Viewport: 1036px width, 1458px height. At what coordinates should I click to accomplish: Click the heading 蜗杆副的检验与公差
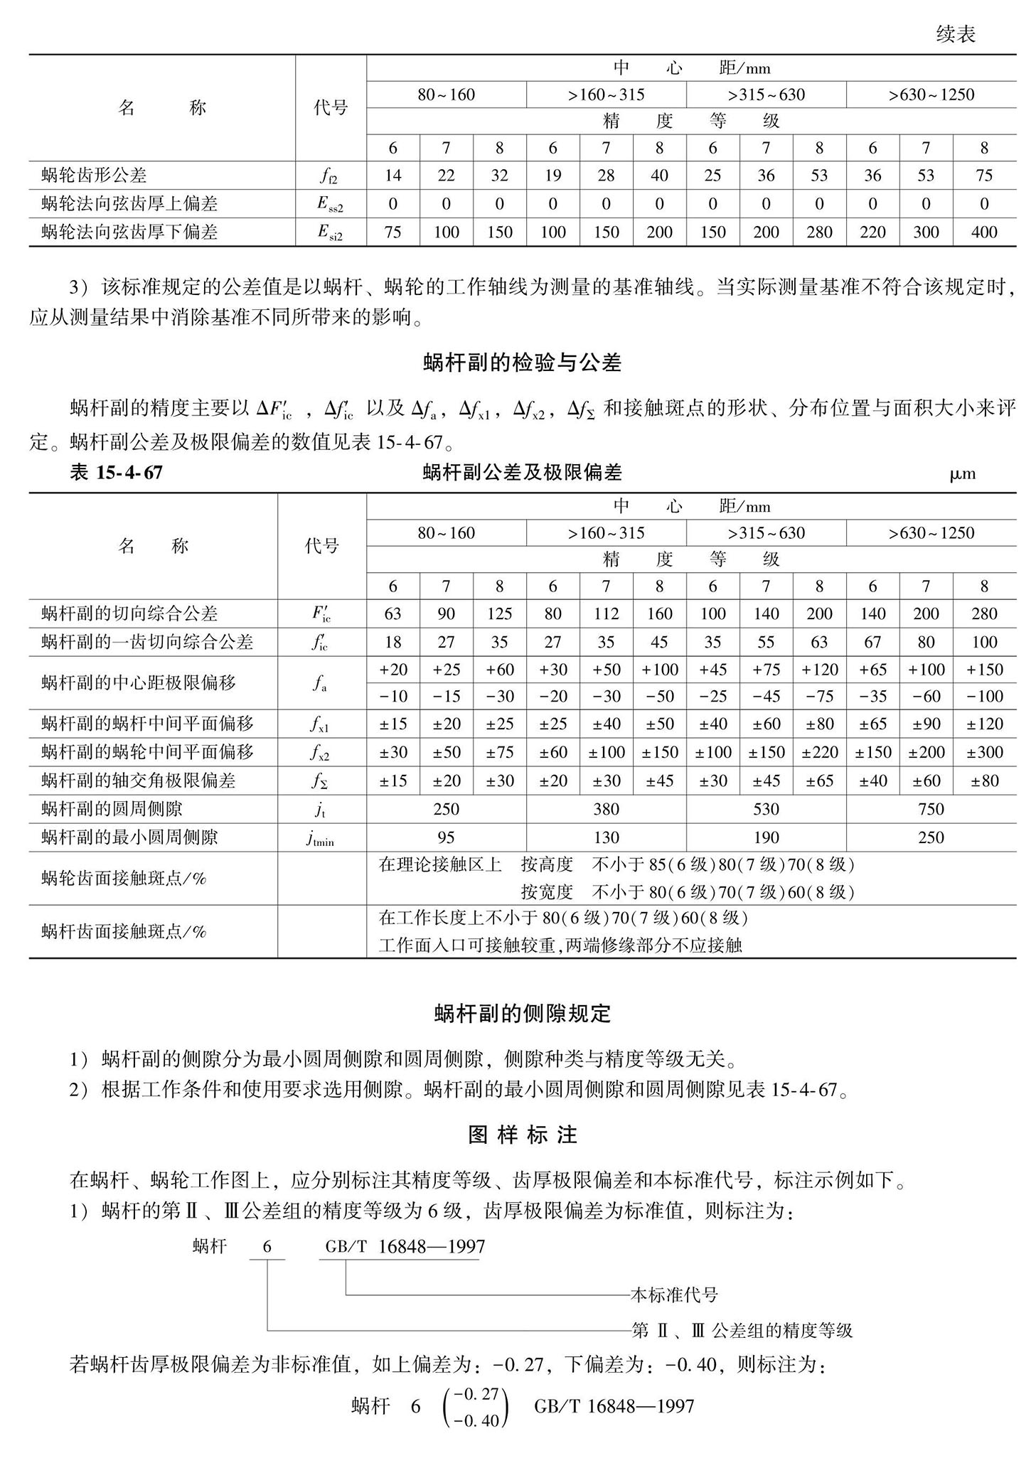click(x=521, y=363)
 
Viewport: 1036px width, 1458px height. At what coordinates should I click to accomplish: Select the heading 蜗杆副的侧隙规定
click(x=522, y=1014)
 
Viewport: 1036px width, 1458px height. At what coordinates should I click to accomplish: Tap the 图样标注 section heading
click(x=522, y=1135)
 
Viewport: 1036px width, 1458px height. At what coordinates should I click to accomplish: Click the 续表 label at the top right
click(x=956, y=34)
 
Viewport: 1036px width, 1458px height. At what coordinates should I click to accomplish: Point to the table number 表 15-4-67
click(x=116, y=473)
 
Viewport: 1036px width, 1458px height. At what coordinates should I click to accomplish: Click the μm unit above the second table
click(x=962, y=474)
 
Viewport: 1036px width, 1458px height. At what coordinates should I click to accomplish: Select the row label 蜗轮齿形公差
click(x=94, y=176)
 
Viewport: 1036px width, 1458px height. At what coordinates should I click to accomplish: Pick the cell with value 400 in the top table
click(x=983, y=232)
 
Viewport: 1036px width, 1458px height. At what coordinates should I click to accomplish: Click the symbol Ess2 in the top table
click(x=330, y=205)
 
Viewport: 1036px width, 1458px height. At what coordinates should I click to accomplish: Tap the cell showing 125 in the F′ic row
click(x=499, y=614)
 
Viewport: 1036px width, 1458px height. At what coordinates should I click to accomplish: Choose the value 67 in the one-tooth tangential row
click(x=872, y=643)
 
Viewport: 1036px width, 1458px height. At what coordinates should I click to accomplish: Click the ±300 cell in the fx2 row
click(x=984, y=752)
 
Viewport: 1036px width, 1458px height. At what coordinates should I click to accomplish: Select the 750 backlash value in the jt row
click(x=930, y=809)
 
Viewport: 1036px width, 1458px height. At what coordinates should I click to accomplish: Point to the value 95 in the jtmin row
click(x=446, y=837)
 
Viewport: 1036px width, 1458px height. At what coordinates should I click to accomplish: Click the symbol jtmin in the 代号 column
click(x=321, y=839)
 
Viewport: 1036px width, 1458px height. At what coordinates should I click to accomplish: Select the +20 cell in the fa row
click(x=392, y=670)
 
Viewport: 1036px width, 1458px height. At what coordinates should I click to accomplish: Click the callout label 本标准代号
click(x=674, y=1294)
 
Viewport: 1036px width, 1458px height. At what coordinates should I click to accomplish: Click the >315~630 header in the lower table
click(x=766, y=533)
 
